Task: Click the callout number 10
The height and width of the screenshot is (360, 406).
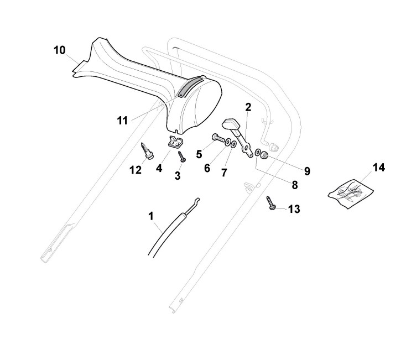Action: click(x=59, y=50)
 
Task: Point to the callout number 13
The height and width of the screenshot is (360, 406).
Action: click(x=294, y=208)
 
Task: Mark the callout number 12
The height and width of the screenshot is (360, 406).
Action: click(x=136, y=170)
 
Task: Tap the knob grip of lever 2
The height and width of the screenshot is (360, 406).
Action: click(x=230, y=124)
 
